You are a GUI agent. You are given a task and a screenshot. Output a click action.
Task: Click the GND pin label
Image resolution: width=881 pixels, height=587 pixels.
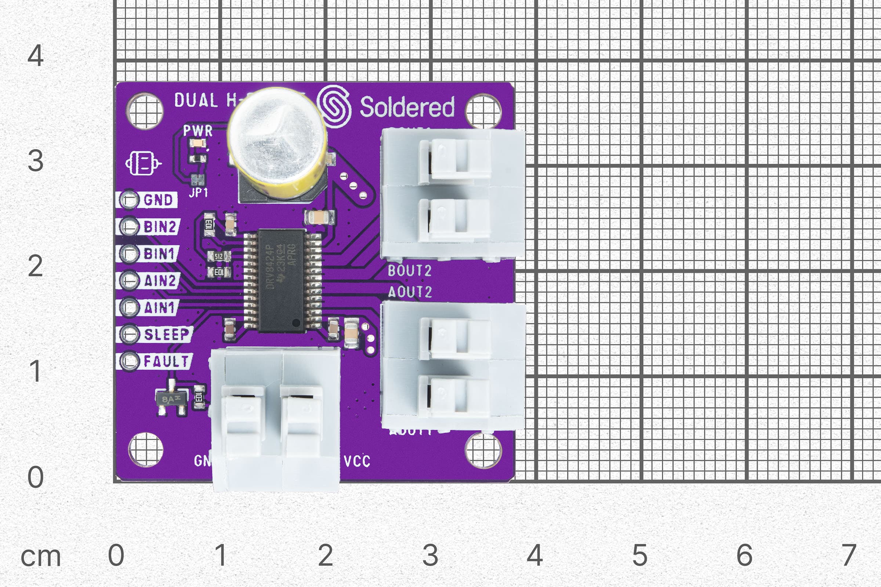[158, 200]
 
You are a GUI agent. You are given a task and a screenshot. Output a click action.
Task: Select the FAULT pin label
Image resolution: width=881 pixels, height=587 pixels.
[166, 361]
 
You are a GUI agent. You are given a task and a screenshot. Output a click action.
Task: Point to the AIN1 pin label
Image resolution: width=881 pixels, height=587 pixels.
[160, 307]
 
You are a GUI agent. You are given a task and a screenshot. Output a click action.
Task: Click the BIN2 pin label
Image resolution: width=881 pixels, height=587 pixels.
[160, 227]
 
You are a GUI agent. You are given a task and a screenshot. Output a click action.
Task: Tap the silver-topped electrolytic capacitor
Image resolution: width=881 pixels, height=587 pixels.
[277, 139]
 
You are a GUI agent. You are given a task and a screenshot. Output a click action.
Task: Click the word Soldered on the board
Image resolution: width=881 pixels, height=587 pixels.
[407, 107]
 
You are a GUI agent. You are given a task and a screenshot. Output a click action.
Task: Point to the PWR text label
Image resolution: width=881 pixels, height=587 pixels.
[198, 131]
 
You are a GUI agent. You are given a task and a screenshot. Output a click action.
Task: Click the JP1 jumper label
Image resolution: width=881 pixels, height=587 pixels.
[198, 192]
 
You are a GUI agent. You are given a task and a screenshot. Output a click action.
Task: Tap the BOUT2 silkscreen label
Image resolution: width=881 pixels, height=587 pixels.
[409, 271]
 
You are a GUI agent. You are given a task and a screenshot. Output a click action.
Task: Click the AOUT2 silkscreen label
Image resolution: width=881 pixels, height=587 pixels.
[410, 292]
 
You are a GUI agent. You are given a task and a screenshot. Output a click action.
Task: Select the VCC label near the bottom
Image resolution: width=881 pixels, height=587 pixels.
[357, 461]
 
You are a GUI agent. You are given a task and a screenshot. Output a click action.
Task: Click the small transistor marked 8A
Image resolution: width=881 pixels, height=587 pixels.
[171, 400]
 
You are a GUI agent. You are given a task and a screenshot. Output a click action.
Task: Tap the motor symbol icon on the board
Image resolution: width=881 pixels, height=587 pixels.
[143, 163]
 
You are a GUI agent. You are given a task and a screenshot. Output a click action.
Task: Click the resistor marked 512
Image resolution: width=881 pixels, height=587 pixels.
[219, 256]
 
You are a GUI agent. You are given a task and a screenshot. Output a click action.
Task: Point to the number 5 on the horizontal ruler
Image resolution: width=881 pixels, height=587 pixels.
[640, 555]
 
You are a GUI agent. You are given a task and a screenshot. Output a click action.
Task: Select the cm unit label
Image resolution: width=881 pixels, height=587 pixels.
[40, 557]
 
